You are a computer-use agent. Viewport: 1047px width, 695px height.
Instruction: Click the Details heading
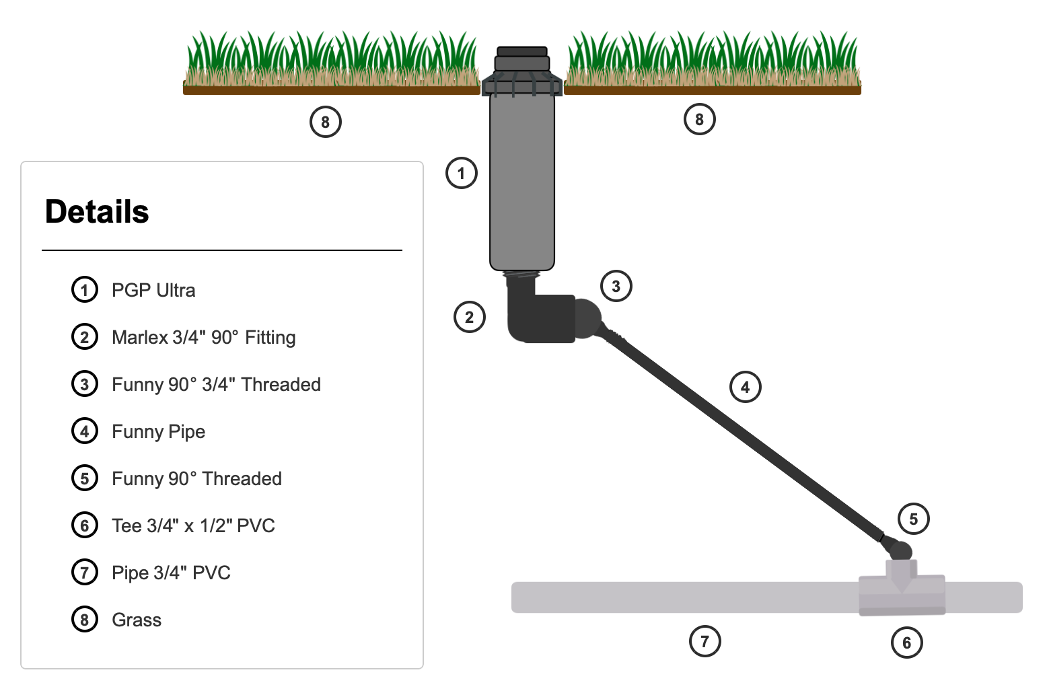point(97,212)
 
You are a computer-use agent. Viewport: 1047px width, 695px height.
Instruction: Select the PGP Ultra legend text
point(153,290)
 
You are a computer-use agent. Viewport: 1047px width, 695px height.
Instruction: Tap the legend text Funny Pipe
point(158,431)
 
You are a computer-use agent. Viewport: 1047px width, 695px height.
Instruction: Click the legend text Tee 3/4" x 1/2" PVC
point(193,525)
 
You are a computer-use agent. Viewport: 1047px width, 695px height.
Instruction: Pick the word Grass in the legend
point(137,620)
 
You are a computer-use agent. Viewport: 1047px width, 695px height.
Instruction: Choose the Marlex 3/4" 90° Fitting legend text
point(203,337)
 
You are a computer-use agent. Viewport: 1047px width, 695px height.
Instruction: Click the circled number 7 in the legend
point(85,573)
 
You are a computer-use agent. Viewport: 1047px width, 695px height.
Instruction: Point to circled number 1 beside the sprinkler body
point(462,173)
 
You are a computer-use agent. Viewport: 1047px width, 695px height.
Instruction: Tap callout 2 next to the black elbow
point(470,317)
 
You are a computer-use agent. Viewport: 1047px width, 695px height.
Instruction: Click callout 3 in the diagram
point(616,286)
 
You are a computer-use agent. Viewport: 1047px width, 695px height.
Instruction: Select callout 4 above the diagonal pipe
point(745,387)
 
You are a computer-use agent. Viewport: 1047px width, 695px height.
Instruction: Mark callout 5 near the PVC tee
point(913,519)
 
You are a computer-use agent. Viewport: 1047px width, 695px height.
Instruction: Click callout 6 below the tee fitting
point(906,643)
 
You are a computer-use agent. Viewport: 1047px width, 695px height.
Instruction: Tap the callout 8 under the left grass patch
point(326,122)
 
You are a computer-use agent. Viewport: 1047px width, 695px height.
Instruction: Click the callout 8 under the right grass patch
point(699,119)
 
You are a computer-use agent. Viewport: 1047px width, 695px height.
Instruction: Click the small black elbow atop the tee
point(900,550)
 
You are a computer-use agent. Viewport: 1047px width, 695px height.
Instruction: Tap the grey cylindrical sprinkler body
point(522,182)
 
